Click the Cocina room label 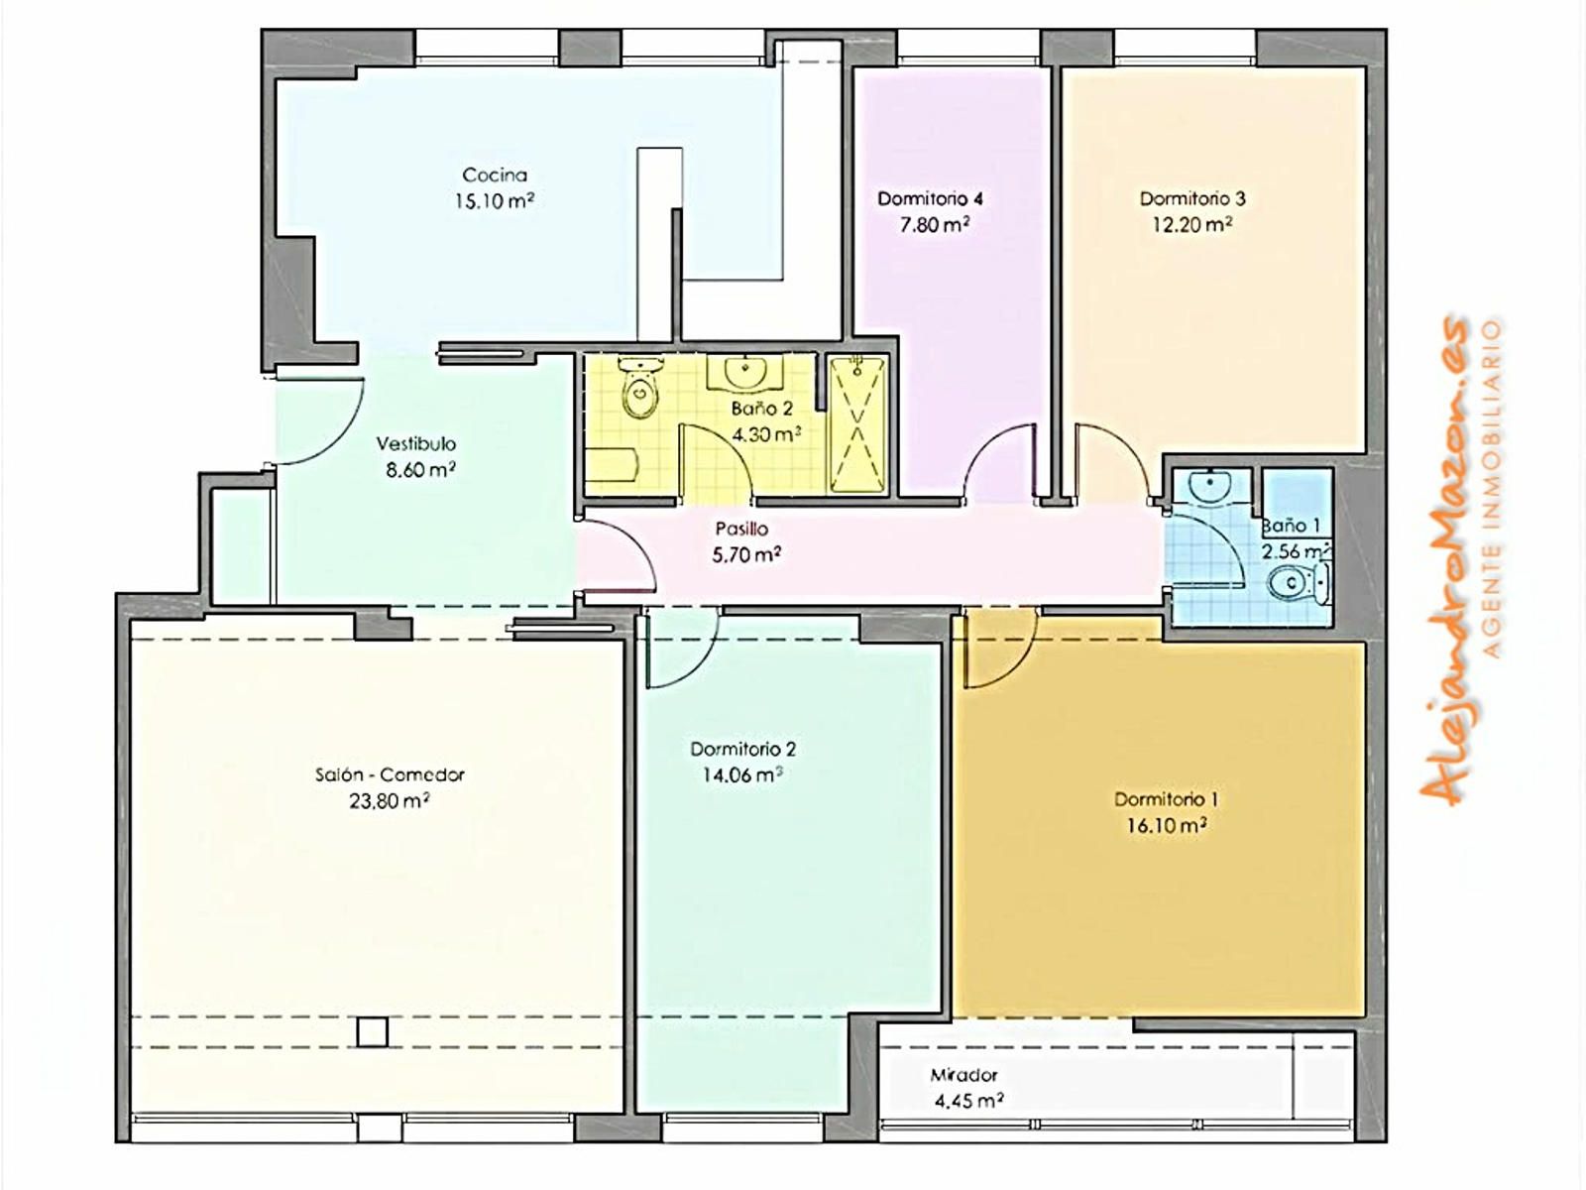pyautogui.click(x=495, y=175)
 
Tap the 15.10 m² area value pyautogui.click(x=495, y=200)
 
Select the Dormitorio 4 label pyautogui.click(x=930, y=198)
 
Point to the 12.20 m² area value pyautogui.click(x=1192, y=225)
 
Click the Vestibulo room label pyautogui.click(x=416, y=443)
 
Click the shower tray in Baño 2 pyautogui.click(x=858, y=424)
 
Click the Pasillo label pyautogui.click(x=742, y=529)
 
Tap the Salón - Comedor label pyautogui.click(x=390, y=775)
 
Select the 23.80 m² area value pyautogui.click(x=390, y=801)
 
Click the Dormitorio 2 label pyautogui.click(x=743, y=750)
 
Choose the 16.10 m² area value pyautogui.click(x=1167, y=825)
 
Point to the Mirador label pyautogui.click(x=963, y=1075)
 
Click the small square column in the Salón pyautogui.click(x=372, y=1031)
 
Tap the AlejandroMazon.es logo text pyautogui.click(x=1444, y=559)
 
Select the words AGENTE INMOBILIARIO pyautogui.click(x=1492, y=489)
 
